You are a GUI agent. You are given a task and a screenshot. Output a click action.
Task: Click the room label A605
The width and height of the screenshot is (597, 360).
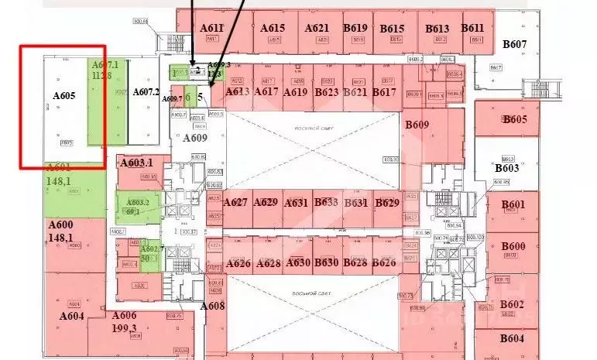(64, 96)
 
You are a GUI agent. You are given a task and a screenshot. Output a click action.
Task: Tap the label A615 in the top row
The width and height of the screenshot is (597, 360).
(273, 28)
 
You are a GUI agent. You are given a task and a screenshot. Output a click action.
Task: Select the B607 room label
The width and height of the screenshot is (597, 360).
(514, 44)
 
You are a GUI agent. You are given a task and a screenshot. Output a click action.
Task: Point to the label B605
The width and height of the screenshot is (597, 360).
(514, 119)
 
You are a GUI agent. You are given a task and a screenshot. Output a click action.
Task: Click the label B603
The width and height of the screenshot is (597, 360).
(506, 168)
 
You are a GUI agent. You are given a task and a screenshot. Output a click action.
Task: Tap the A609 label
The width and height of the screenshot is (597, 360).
(195, 139)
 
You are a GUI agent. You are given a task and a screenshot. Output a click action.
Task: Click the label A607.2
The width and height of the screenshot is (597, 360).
(146, 91)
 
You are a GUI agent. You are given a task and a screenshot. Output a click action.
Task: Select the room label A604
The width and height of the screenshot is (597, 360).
(71, 316)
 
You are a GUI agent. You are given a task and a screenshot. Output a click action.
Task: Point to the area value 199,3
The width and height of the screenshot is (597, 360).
(124, 328)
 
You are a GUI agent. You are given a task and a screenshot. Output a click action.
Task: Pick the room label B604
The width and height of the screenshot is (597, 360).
(512, 338)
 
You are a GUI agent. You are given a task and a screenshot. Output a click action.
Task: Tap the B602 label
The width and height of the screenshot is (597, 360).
(512, 304)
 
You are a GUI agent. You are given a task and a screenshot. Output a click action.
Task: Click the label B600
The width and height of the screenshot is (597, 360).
(513, 246)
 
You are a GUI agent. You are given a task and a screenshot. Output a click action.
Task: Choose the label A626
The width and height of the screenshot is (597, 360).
(238, 263)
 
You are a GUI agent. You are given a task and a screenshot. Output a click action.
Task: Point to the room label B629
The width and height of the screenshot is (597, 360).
(386, 203)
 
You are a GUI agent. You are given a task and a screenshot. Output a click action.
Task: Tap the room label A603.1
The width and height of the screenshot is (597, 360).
(136, 163)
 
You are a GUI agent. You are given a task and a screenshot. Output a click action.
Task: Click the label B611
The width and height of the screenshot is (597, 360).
(473, 28)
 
